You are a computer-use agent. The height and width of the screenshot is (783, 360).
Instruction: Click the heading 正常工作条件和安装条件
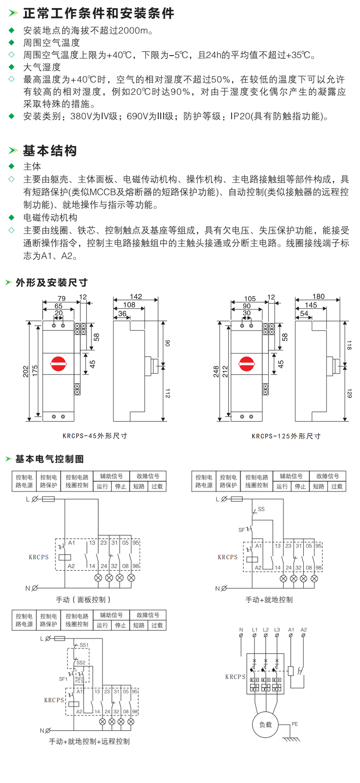coord(99,13)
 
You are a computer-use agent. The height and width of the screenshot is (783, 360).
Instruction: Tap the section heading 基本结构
coord(50,151)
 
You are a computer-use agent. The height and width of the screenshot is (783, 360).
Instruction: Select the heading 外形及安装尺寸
coord(52,282)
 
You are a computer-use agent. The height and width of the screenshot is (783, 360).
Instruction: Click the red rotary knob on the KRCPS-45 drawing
coord(59,364)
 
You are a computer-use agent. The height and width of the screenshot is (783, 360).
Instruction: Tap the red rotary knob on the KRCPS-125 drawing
coord(247,364)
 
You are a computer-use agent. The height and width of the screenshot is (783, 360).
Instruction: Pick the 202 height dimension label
coord(26,372)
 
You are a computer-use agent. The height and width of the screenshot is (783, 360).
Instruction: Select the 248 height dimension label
coord(216,372)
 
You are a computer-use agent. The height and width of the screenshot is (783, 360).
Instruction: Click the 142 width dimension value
coord(136,297)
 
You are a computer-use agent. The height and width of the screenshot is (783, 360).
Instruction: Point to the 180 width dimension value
coord(319,296)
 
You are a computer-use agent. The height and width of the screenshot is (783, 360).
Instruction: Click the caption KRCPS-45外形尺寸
coord(95,436)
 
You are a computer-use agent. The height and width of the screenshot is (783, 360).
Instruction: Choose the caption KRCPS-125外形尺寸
coord(286,436)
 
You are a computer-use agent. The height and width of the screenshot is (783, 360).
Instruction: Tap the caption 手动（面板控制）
coord(83,600)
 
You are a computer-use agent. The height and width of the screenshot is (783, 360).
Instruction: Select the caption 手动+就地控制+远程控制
coord(89,741)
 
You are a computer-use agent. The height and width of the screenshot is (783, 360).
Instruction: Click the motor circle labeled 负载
coord(265,725)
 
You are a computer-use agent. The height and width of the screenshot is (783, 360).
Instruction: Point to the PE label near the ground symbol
coord(295,724)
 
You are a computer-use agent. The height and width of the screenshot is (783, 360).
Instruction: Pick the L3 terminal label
coord(277,630)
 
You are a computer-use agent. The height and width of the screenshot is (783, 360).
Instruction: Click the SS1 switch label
coord(84,645)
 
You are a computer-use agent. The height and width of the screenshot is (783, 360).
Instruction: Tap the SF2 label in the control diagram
coord(79,679)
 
